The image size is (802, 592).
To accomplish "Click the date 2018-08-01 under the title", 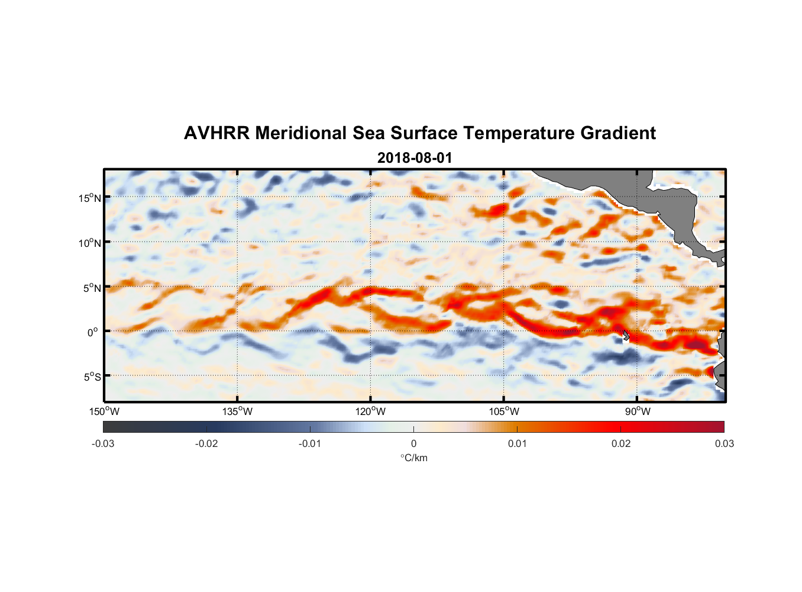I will (415, 158).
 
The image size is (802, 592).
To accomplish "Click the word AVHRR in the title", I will (217, 133).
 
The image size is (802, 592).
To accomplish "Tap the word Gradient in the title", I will (618, 133).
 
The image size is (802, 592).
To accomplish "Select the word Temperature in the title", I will (519, 133).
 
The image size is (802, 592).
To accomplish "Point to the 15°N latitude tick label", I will (90, 198).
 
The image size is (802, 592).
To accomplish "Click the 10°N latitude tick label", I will (90, 243).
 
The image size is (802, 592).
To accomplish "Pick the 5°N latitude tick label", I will (92, 288).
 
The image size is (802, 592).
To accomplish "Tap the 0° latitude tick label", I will (93, 333).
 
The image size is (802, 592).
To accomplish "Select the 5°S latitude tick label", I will (92, 377).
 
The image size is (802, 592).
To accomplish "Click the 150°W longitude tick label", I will (104, 411).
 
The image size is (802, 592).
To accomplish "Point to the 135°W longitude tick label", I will (237, 411).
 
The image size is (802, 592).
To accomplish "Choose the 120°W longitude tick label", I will (370, 411).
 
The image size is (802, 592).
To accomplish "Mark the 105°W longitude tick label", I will (504, 411).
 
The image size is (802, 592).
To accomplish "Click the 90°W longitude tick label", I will (638, 411).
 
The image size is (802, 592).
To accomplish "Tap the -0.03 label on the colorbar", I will (103, 443).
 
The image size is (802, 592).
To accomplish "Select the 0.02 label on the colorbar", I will (620, 443).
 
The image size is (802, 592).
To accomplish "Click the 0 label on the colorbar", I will (413, 443).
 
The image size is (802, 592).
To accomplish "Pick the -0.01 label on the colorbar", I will (310, 443).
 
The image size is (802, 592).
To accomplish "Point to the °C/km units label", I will (413, 458).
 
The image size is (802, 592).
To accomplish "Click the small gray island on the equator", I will (626, 336).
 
